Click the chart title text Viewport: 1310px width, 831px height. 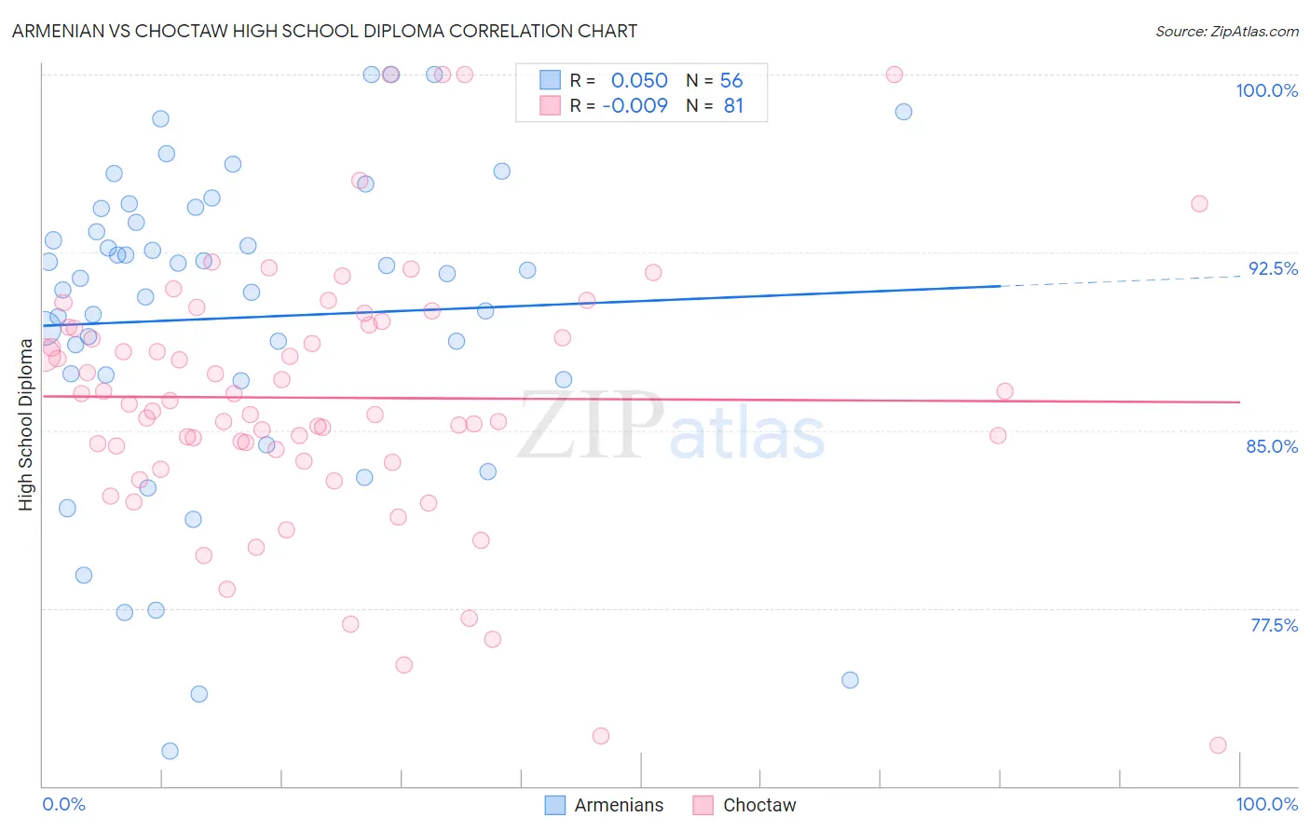(x=324, y=31)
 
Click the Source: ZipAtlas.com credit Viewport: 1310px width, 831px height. (x=1226, y=31)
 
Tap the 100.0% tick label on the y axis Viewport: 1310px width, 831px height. (x=1266, y=90)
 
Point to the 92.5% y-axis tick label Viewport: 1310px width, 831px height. (x=1272, y=268)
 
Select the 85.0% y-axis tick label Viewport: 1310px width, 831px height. (x=1272, y=446)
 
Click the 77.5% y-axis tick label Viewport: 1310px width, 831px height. (x=1273, y=625)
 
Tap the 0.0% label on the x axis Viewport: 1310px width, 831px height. (x=63, y=804)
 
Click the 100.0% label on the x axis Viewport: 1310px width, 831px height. (x=1266, y=804)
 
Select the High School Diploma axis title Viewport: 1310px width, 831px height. (x=25, y=424)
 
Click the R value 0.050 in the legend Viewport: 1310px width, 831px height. (x=639, y=81)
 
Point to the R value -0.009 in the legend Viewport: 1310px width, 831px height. (x=635, y=106)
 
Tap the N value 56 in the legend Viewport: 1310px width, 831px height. (x=731, y=81)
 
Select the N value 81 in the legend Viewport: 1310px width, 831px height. (x=733, y=106)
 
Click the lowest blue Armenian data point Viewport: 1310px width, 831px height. (x=170, y=751)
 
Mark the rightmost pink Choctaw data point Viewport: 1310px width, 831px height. (x=1218, y=745)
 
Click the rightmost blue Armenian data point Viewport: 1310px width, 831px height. (x=903, y=112)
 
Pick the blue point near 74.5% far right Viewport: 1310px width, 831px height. (x=850, y=680)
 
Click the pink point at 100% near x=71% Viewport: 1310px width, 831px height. (x=894, y=75)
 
